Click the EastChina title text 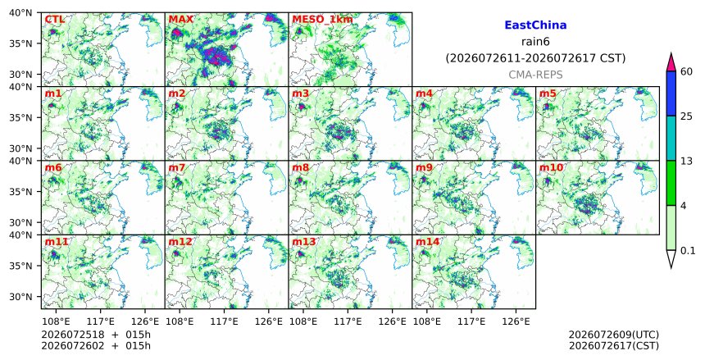click(535, 25)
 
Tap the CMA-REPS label click(535, 75)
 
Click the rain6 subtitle click(535, 42)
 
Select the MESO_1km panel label click(322, 20)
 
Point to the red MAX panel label click(180, 20)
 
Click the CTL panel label click(54, 20)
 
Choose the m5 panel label click(548, 93)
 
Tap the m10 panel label click(551, 168)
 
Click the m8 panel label click(300, 168)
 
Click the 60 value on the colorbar click(686, 71)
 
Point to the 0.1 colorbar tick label click(688, 251)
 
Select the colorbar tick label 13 click(686, 161)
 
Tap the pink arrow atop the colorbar click(671, 62)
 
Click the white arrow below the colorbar click(671, 259)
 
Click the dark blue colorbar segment click(671, 93)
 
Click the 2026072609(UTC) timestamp click(614, 335)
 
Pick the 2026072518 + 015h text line click(96, 335)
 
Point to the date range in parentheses click(535, 58)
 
